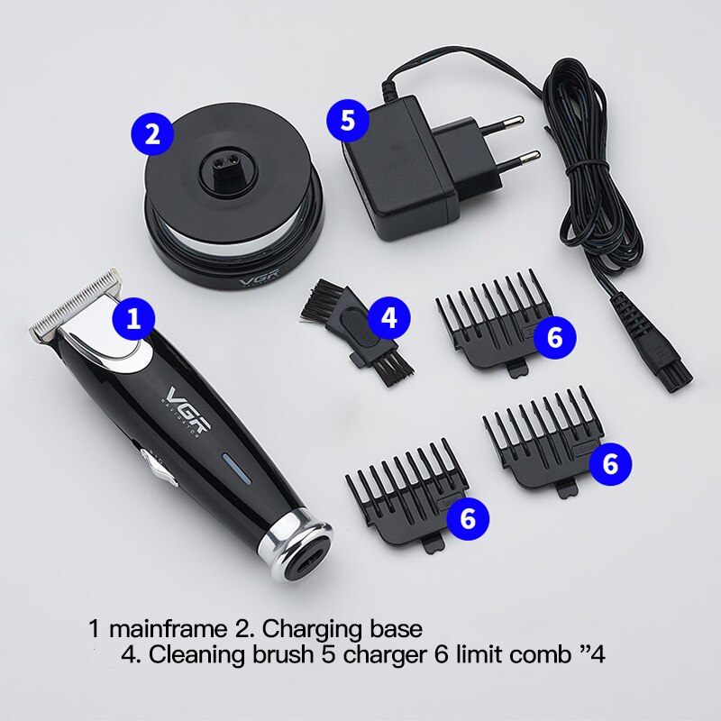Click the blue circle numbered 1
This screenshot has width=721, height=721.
134,318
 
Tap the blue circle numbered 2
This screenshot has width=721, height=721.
152,134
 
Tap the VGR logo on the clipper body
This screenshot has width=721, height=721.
186,416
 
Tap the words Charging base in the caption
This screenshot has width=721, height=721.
342,626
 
